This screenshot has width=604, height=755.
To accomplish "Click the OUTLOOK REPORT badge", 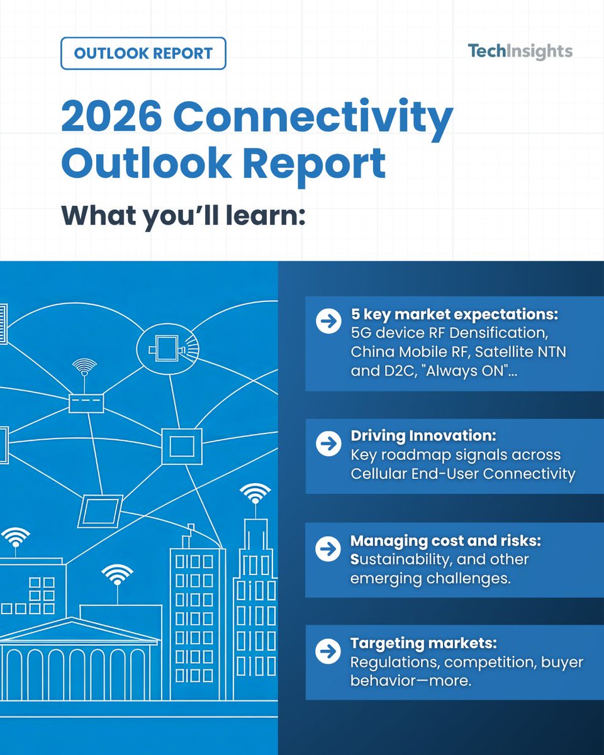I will pos(143,53).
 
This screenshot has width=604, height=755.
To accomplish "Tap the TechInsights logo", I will pos(520,51).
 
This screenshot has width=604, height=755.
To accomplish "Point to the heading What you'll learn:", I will pos(183,215).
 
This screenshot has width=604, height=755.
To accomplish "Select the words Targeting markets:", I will pos(423,644).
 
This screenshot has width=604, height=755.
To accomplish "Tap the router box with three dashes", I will pos(86,401).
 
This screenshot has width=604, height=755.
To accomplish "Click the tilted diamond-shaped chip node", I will pos(100,510).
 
